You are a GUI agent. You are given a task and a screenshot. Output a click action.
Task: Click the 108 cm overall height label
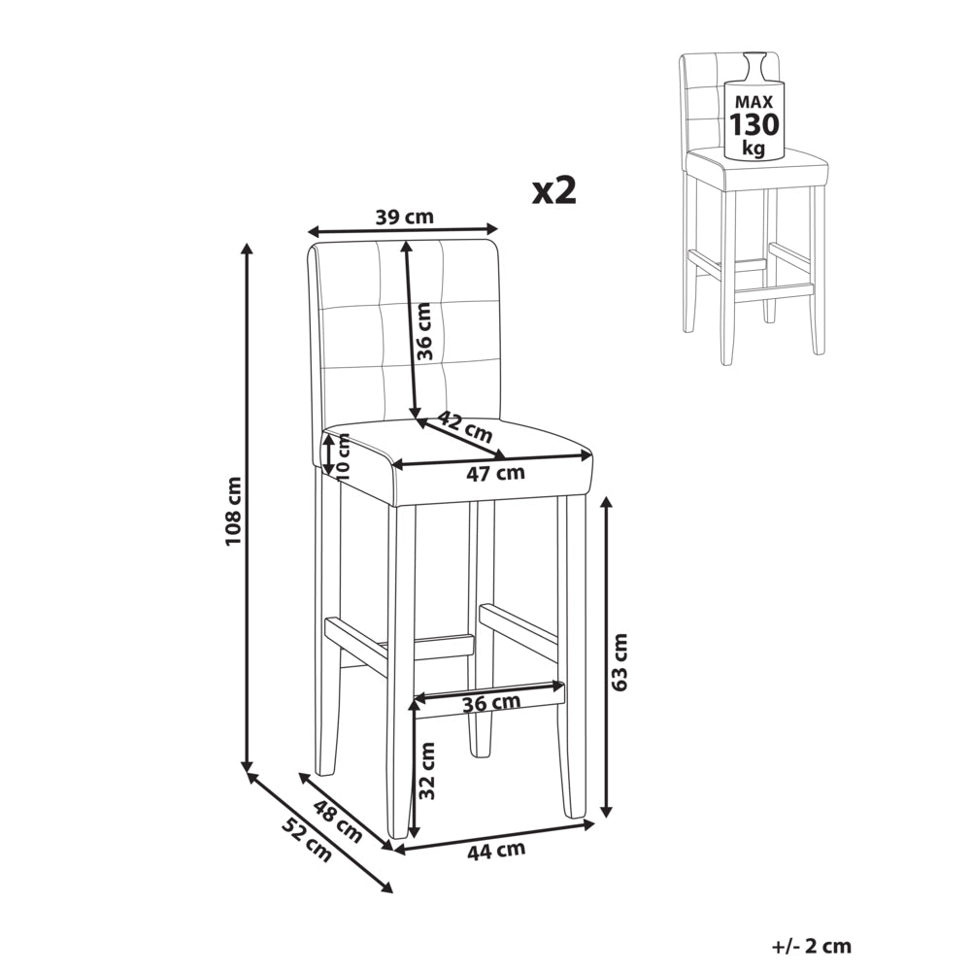click(234, 511)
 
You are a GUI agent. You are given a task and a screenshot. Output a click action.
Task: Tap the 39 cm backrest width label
click(405, 218)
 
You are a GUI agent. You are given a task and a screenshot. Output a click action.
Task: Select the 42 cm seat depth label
click(465, 426)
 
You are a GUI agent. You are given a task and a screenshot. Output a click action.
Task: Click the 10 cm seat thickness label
click(342, 456)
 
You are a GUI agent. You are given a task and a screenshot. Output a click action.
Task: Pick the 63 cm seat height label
click(618, 661)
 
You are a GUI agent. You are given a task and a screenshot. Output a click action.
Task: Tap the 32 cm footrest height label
click(426, 770)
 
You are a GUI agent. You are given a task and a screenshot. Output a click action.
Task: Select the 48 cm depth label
click(338, 821)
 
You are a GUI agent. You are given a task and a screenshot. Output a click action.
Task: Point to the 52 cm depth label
click(307, 840)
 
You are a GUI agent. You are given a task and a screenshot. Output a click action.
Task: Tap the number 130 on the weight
click(754, 124)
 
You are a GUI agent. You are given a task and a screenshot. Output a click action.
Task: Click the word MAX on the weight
click(754, 102)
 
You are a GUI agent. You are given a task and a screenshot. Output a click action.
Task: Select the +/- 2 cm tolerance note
click(812, 946)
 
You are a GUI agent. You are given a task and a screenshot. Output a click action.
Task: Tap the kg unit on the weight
click(754, 148)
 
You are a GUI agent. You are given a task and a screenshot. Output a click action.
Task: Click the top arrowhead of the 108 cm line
click(248, 249)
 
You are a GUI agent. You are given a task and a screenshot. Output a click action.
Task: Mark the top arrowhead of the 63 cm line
click(607, 503)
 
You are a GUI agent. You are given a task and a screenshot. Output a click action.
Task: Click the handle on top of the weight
click(754, 65)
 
